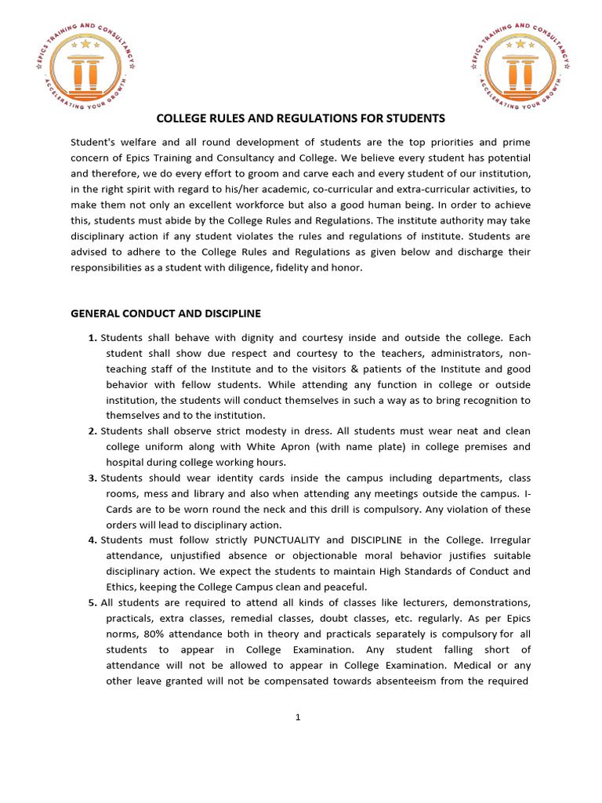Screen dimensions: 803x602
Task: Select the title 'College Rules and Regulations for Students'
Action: [x=301, y=118]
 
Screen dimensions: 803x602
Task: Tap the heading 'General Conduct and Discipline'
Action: [x=165, y=313]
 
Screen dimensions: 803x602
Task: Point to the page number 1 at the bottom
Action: [x=299, y=717]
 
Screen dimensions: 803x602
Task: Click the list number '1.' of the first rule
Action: [x=92, y=338]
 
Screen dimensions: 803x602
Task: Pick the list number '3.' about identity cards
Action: [x=92, y=478]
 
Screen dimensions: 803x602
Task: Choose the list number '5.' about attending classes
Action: [x=92, y=602]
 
